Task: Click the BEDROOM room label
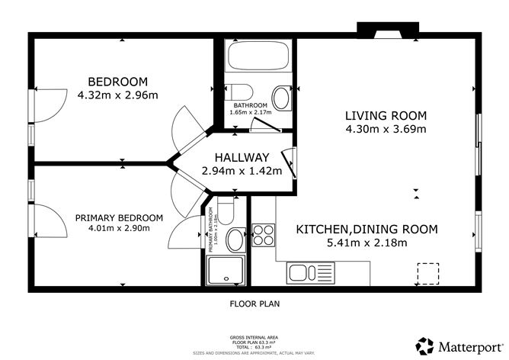click(x=117, y=82)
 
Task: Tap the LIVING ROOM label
click(x=386, y=116)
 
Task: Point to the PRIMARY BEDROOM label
click(x=118, y=217)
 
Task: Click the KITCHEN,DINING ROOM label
click(x=367, y=229)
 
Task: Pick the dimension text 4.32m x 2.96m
click(x=117, y=95)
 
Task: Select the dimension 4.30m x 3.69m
click(x=386, y=129)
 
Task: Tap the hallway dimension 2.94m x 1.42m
click(x=242, y=171)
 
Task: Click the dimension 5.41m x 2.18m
click(x=367, y=243)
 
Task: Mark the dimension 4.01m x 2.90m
click(x=118, y=227)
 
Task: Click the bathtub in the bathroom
click(x=258, y=56)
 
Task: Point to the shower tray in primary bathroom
click(x=225, y=271)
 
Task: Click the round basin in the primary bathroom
click(x=235, y=240)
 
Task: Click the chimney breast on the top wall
click(x=387, y=31)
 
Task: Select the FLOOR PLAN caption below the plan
click(x=254, y=304)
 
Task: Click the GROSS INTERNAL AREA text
click(x=254, y=336)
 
